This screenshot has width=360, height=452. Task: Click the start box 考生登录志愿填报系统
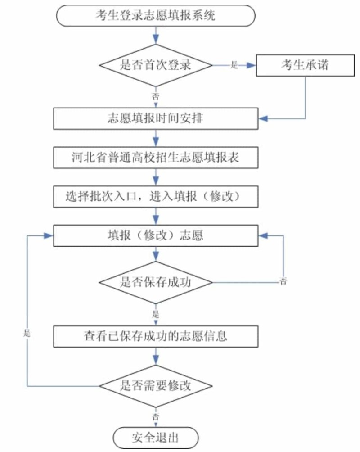click(156, 15)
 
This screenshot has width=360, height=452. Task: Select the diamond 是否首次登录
click(156, 65)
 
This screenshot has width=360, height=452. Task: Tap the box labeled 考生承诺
click(305, 65)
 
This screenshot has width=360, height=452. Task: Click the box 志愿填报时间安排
click(156, 118)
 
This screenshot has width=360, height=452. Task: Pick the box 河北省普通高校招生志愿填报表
click(156, 158)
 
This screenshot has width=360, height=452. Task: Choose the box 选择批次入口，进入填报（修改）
click(156, 197)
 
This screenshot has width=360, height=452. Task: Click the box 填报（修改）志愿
click(156, 235)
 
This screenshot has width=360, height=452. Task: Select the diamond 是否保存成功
click(156, 282)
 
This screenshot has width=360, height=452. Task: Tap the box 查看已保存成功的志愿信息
click(156, 336)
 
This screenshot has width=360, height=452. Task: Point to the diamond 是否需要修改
click(156, 386)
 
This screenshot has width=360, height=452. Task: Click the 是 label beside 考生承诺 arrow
click(234, 65)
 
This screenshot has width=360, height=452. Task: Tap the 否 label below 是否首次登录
click(156, 96)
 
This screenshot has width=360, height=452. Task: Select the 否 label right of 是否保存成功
click(283, 281)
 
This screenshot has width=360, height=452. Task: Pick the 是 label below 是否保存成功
click(156, 314)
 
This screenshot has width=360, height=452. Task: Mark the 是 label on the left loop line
click(27, 334)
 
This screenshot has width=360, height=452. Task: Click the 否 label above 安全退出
click(156, 416)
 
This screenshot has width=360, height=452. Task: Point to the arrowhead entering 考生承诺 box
click(252, 65)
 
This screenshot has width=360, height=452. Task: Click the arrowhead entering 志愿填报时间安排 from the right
click(263, 118)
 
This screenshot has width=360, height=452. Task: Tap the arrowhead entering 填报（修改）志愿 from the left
click(49, 236)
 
